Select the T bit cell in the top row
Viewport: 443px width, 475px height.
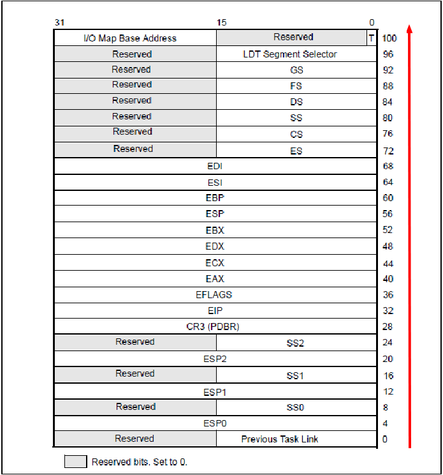371,38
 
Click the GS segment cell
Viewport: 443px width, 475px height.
296,70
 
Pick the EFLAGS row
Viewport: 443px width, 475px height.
215,295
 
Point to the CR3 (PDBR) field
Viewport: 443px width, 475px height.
215,327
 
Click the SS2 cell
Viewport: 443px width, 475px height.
296,343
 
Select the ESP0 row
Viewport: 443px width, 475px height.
215,423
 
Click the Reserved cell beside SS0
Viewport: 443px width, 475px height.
135,407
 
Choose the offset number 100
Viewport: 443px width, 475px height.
389,38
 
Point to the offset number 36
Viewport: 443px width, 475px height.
388,295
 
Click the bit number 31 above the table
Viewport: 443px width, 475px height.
59,22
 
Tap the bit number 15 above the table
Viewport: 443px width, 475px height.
221,22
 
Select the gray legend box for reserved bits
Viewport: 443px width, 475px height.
75,462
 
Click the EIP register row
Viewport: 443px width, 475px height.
215,311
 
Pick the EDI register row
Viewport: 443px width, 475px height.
215,167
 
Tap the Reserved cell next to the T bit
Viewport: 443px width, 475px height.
293,38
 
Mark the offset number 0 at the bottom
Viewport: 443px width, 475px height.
385,439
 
